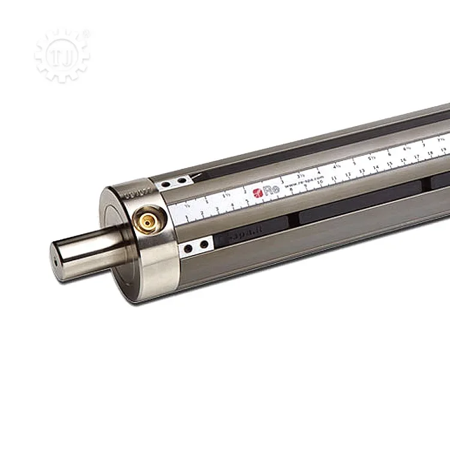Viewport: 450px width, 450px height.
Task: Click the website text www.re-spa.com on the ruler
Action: click(x=300, y=183)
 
